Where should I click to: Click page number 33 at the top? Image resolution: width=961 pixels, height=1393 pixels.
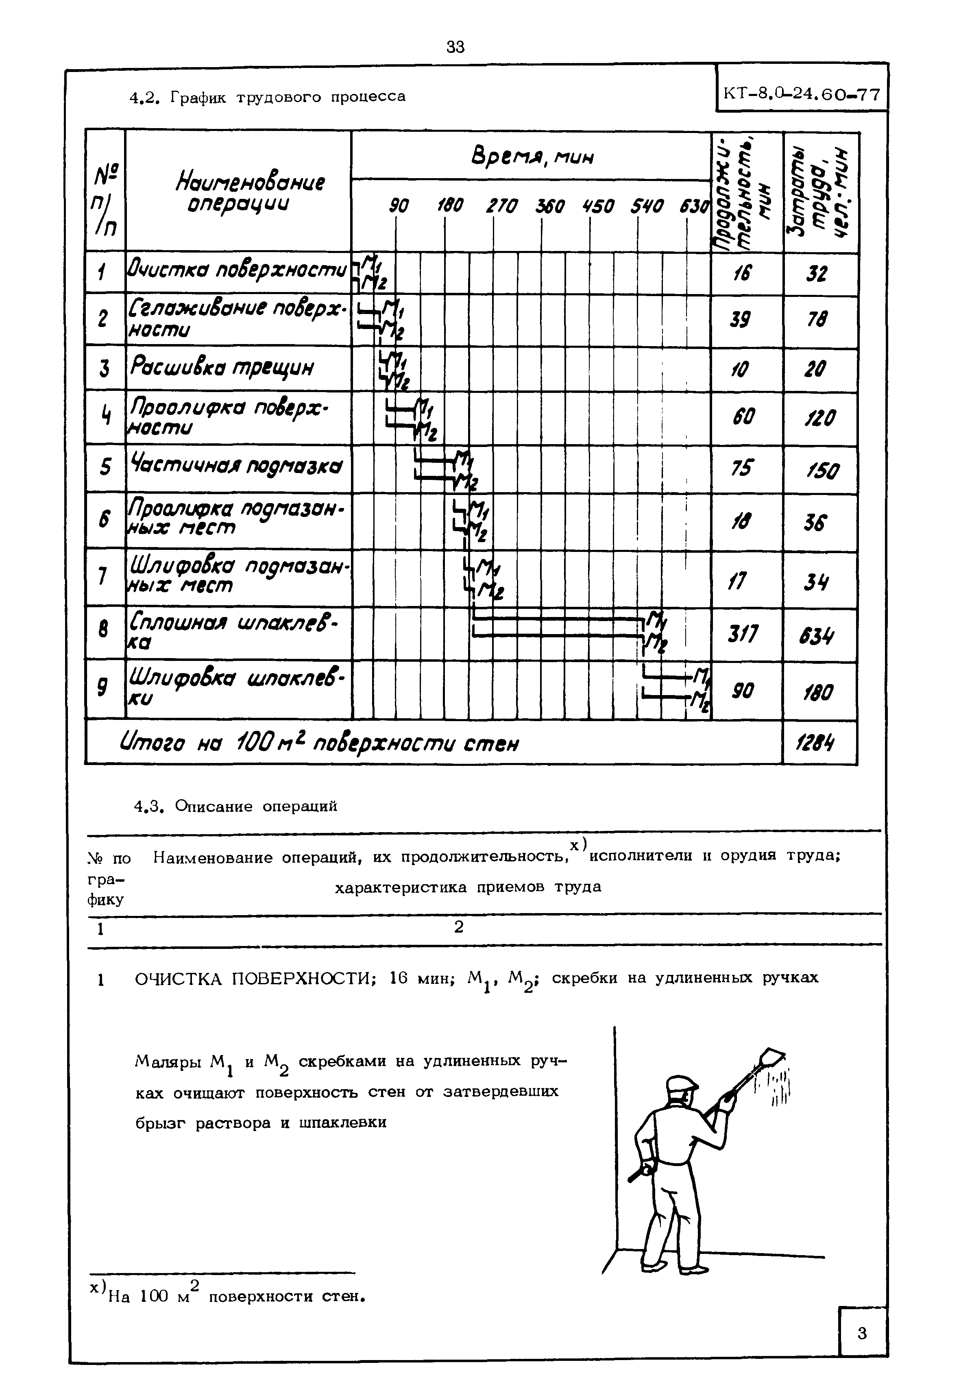(x=456, y=47)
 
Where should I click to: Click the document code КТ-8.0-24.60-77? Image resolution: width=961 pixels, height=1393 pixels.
(x=802, y=94)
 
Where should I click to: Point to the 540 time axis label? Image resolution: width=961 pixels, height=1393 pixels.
(x=647, y=207)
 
